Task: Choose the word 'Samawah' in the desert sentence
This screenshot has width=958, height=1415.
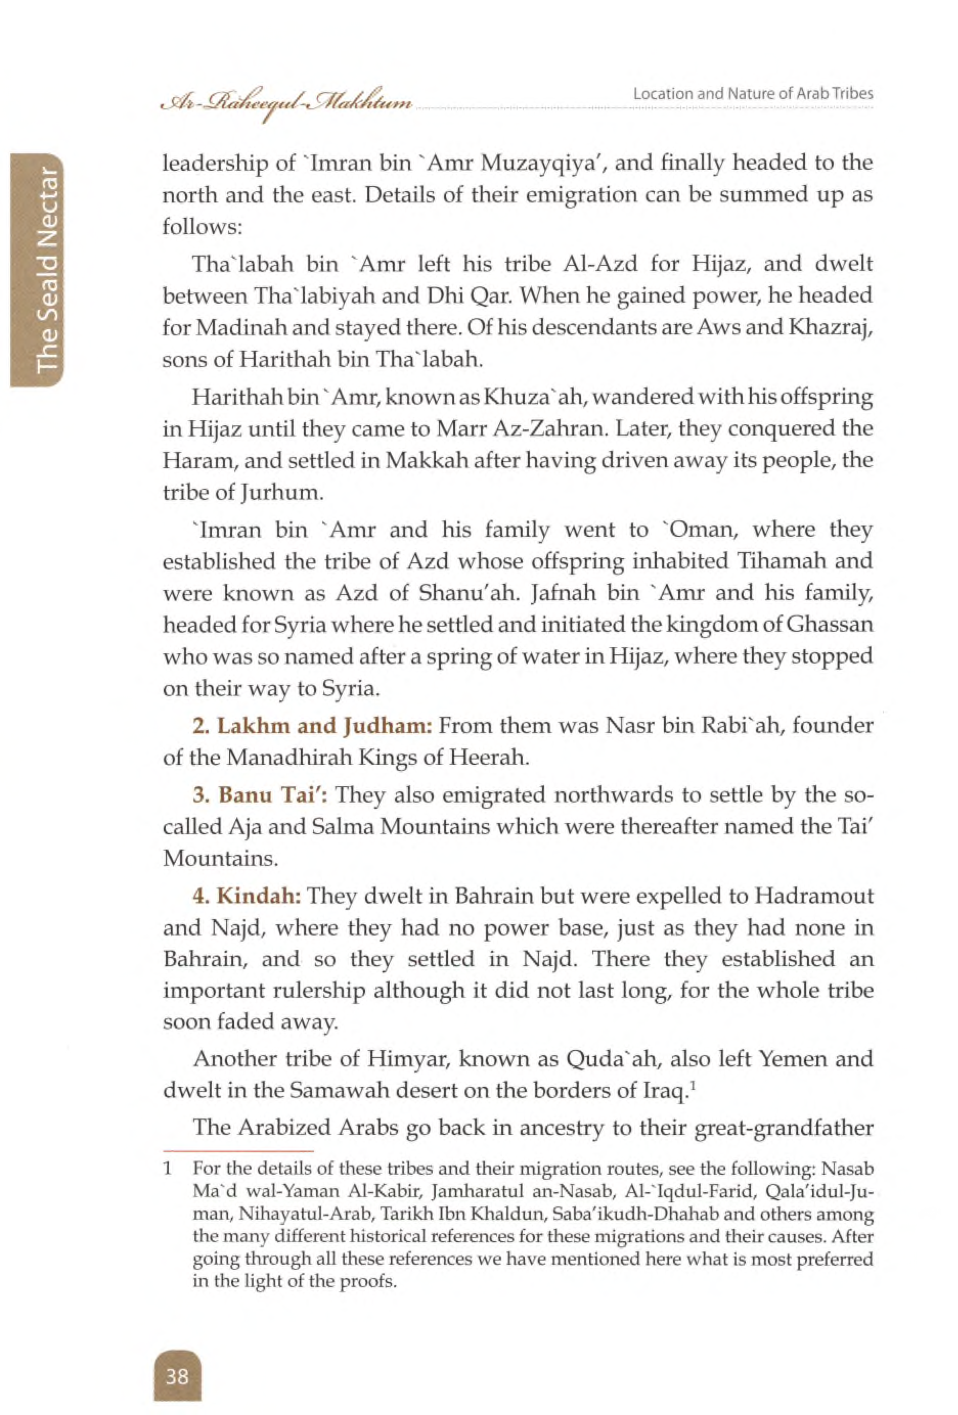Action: coord(332,1091)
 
